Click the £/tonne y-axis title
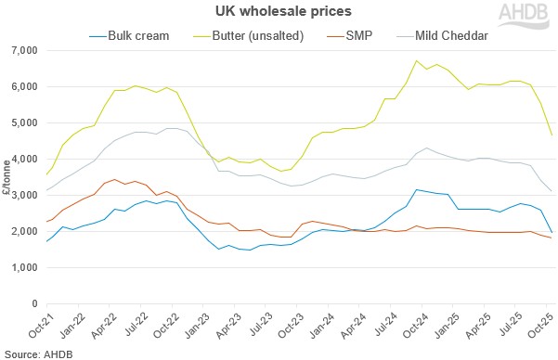(7, 175)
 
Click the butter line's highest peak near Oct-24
(416, 61)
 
